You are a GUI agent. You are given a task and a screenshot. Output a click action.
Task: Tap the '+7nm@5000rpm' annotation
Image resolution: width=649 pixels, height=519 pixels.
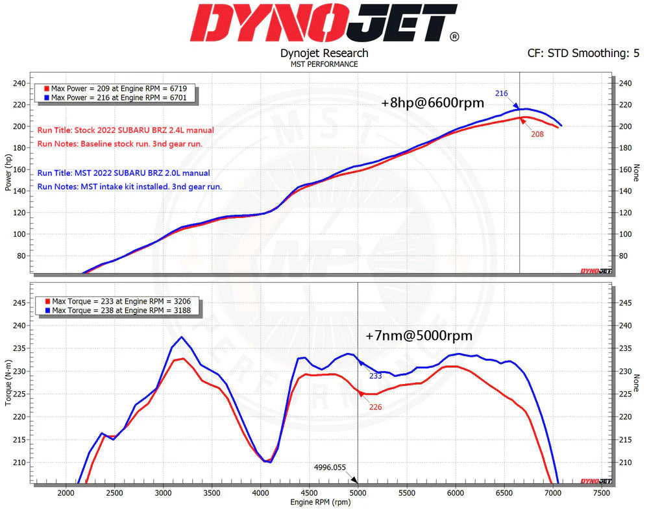[x=419, y=335]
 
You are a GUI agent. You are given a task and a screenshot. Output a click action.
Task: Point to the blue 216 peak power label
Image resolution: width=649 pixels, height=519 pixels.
[x=501, y=93]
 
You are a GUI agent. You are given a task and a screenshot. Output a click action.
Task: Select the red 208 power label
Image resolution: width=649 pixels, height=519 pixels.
[x=537, y=134]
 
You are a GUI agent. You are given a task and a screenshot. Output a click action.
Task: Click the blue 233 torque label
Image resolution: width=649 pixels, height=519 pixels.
[x=374, y=376]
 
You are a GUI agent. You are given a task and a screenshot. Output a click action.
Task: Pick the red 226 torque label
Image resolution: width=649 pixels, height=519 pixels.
[x=374, y=407]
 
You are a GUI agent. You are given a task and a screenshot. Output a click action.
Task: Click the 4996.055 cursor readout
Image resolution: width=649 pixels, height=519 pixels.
[x=330, y=467]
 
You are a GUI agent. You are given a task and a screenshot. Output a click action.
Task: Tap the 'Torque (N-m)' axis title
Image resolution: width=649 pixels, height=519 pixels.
[x=8, y=383]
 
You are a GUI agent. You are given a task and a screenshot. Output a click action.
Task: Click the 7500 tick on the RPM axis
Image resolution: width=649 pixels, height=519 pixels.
[x=601, y=492]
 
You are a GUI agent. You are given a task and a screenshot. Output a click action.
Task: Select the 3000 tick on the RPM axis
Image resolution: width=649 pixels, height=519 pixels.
[x=163, y=492]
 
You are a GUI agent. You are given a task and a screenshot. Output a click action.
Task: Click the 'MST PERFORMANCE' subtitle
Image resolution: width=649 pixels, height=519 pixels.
[x=324, y=64]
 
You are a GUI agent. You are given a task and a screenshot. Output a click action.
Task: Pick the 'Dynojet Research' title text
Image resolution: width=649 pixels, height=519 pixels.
[x=324, y=53]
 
